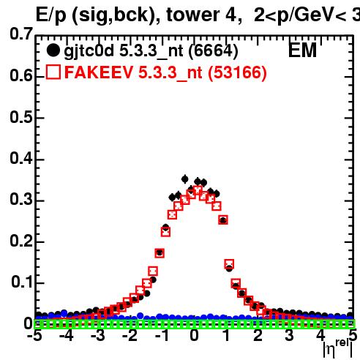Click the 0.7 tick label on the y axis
(21, 34)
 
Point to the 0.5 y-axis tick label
(21, 117)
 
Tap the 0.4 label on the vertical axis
(21, 159)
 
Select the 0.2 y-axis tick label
(21, 241)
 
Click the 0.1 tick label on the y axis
(21, 282)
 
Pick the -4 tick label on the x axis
(67, 336)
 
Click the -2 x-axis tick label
(130, 336)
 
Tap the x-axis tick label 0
(194, 336)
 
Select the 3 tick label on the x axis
(289, 336)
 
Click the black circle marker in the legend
(53, 50)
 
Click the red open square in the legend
(53, 72)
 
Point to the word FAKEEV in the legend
(99, 72)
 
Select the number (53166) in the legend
(237, 73)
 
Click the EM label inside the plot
(302, 50)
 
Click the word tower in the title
(193, 15)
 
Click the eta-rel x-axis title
(338, 348)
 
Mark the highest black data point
(185, 179)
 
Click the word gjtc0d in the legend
(89, 52)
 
